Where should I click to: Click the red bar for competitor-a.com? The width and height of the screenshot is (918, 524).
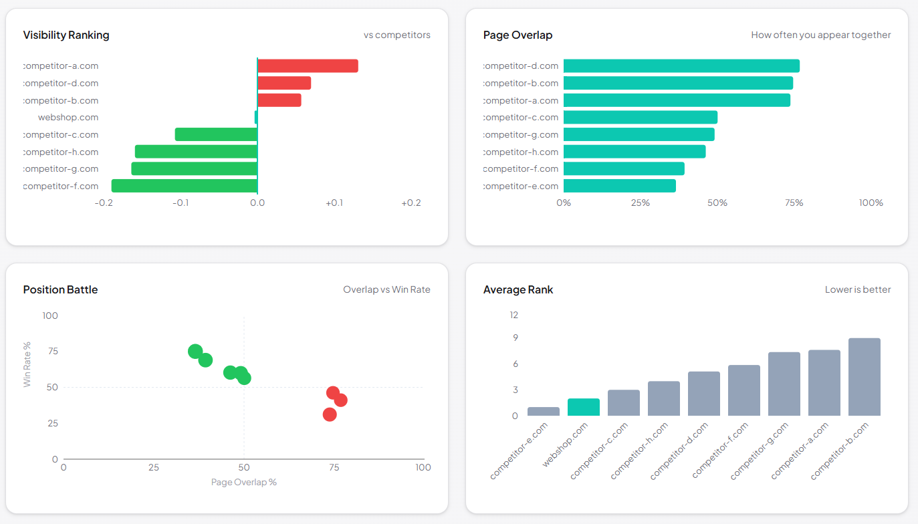(308, 65)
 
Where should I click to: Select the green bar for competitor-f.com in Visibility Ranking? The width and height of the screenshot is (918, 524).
(185, 186)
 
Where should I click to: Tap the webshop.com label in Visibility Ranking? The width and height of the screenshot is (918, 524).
(68, 118)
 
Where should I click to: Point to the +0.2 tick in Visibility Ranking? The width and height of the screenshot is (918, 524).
(411, 203)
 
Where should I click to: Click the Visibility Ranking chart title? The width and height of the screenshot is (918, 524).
(66, 35)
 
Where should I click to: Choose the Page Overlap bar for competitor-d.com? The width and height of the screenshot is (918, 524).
(681, 65)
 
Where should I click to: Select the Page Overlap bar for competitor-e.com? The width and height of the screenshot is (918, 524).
(620, 186)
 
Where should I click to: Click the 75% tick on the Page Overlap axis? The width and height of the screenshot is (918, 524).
(794, 203)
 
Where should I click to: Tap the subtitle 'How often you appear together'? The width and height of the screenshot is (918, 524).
(820, 35)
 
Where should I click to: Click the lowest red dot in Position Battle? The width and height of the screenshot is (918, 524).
(330, 414)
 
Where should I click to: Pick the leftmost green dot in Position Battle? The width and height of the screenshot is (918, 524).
(195, 352)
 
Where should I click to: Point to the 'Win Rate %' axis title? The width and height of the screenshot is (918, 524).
(27, 364)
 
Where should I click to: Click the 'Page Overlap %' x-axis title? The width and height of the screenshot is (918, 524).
(243, 482)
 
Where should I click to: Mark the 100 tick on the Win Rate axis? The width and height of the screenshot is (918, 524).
(50, 315)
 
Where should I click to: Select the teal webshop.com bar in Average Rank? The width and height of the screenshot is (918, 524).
(584, 407)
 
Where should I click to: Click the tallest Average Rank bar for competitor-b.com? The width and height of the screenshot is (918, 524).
(864, 377)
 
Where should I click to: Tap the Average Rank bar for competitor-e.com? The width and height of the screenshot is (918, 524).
(544, 411)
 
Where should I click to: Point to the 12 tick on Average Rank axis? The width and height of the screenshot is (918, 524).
(513, 315)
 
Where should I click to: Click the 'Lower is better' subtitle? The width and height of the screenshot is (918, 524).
(858, 289)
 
